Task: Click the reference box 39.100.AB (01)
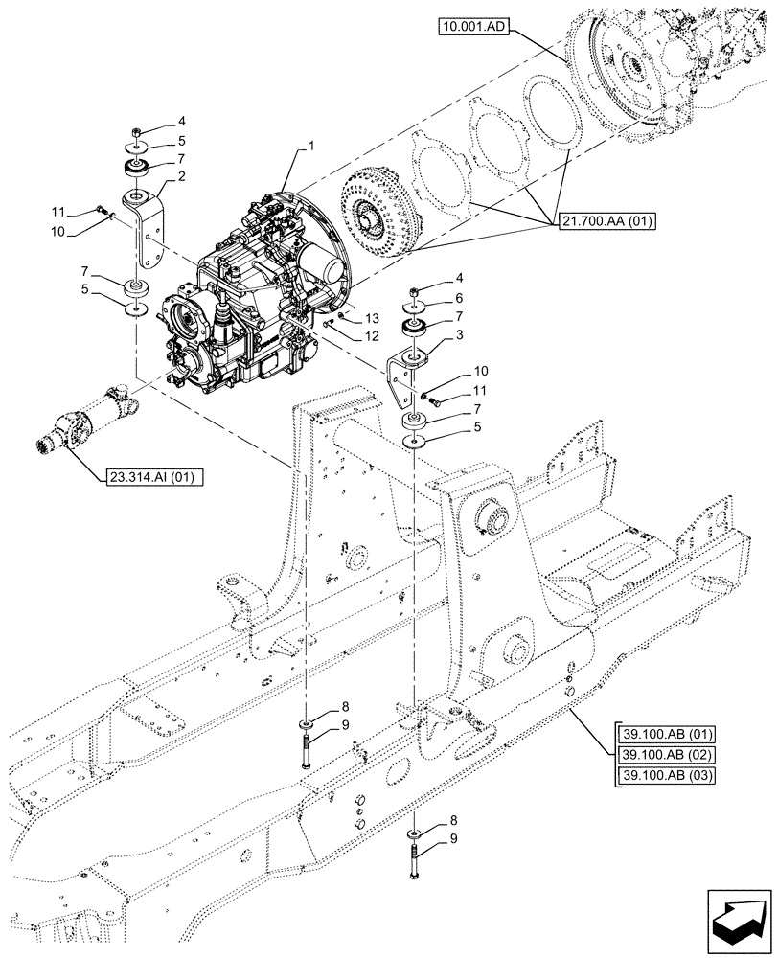(x=660, y=735)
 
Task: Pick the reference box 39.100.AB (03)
(x=660, y=774)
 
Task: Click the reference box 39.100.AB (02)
(x=660, y=754)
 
